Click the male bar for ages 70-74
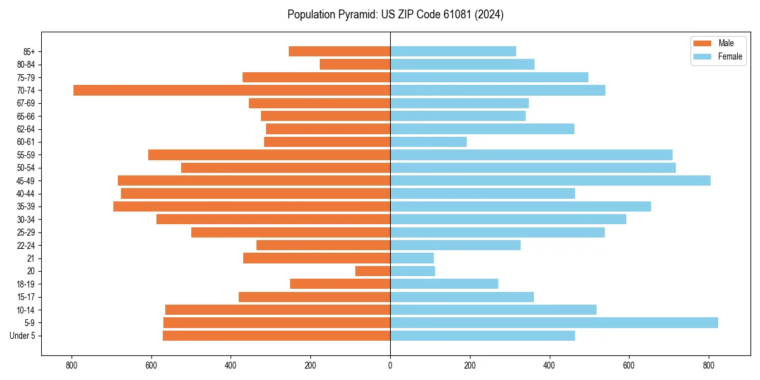point(232,90)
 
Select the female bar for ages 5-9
point(554,322)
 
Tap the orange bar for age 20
point(372,271)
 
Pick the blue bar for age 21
point(412,258)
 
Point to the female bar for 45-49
point(550,180)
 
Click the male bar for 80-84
point(355,64)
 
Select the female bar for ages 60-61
point(428,142)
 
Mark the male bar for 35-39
point(251,206)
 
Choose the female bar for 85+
point(453,51)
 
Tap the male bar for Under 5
point(276,336)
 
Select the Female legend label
point(730,56)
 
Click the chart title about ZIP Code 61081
point(395,15)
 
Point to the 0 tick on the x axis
point(390,365)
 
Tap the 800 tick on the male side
point(72,365)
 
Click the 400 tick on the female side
point(549,365)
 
